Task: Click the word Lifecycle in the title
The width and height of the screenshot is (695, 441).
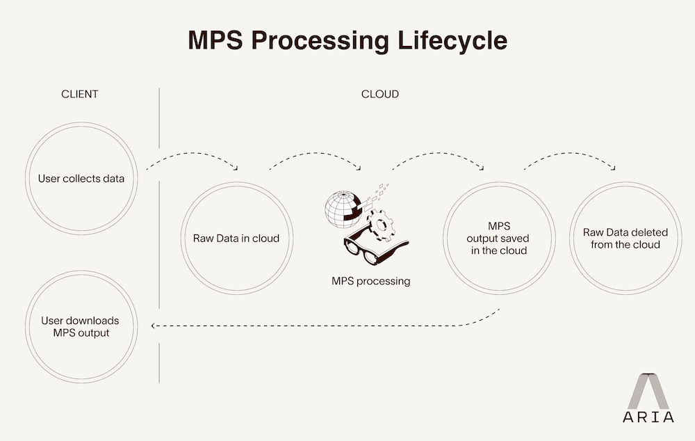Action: (x=453, y=40)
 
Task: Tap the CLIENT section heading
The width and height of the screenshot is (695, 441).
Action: (x=80, y=94)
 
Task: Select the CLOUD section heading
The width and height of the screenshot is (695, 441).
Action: (x=380, y=94)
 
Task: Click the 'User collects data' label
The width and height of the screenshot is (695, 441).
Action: (x=81, y=179)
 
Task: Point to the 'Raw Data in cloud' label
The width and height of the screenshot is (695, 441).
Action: (x=236, y=239)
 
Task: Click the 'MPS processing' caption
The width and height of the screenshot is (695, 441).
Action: (x=370, y=282)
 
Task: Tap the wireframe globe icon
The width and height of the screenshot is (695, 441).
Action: (x=343, y=209)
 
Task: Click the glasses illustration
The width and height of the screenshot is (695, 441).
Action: (x=375, y=248)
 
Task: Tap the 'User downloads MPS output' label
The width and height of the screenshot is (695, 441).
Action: (x=80, y=327)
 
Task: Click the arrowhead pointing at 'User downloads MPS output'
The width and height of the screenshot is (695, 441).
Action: (x=154, y=326)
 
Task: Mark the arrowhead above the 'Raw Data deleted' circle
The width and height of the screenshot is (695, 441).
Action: (x=614, y=168)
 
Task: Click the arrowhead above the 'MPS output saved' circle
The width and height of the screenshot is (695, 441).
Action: (x=482, y=168)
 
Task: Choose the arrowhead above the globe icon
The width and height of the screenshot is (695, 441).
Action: (x=359, y=168)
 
